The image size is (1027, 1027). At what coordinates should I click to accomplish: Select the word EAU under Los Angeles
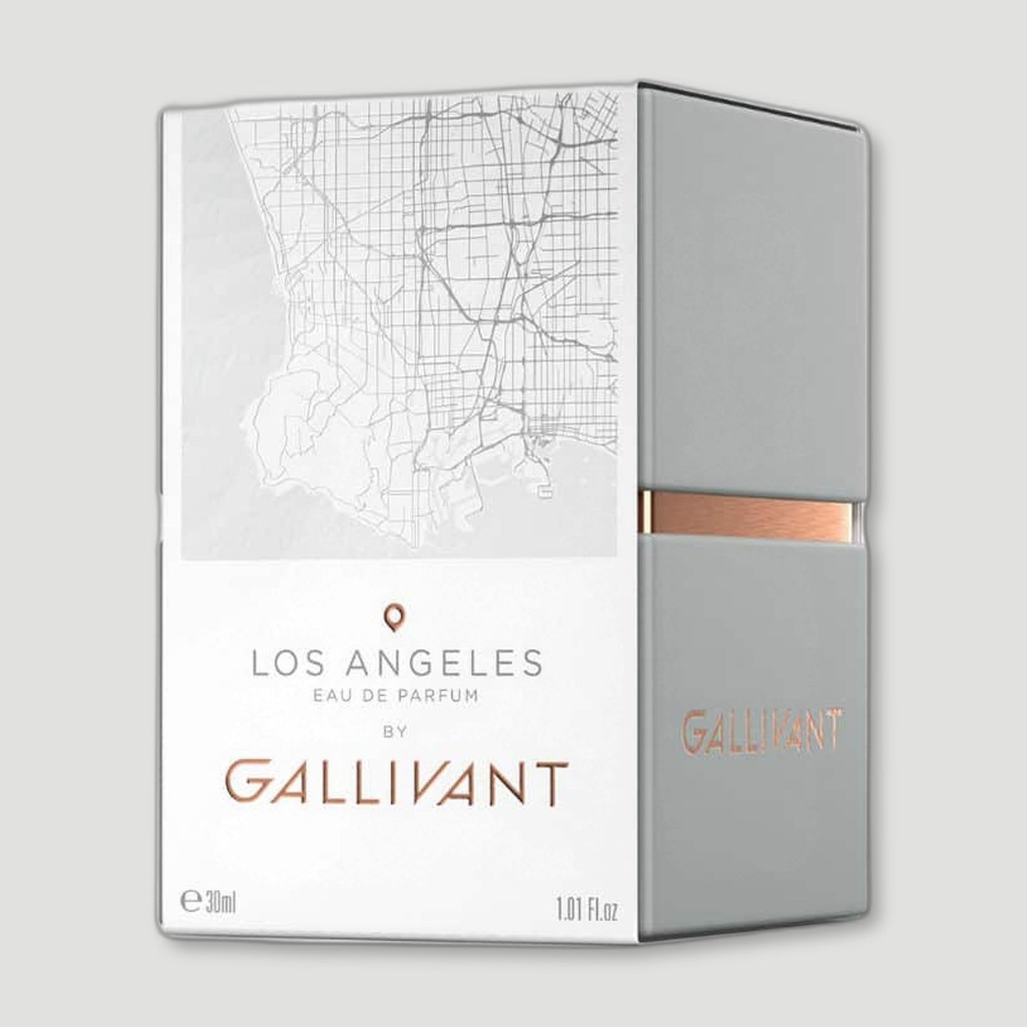(331, 696)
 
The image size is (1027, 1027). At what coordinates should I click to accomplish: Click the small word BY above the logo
(395, 733)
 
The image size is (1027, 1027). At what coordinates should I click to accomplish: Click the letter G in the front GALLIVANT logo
(244, 780)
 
